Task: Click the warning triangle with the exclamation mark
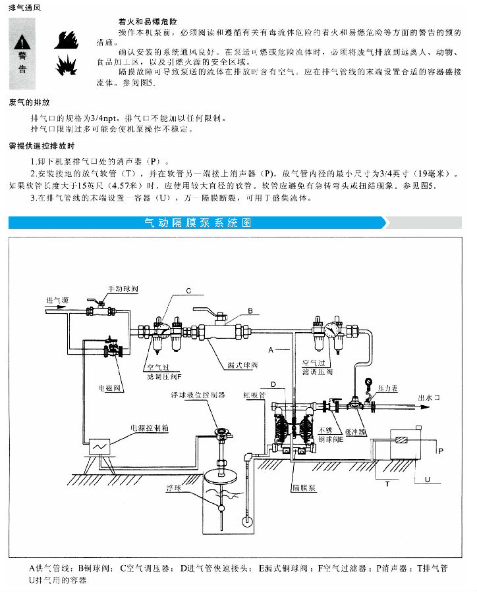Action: click(x=22, y=41)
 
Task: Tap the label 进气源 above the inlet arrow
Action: click(x=57, y=300)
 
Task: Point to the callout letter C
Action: click(x=188, y=290)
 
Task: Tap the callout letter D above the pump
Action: click(x=273, y=383)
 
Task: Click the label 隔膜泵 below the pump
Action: click(x=304, y=489)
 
